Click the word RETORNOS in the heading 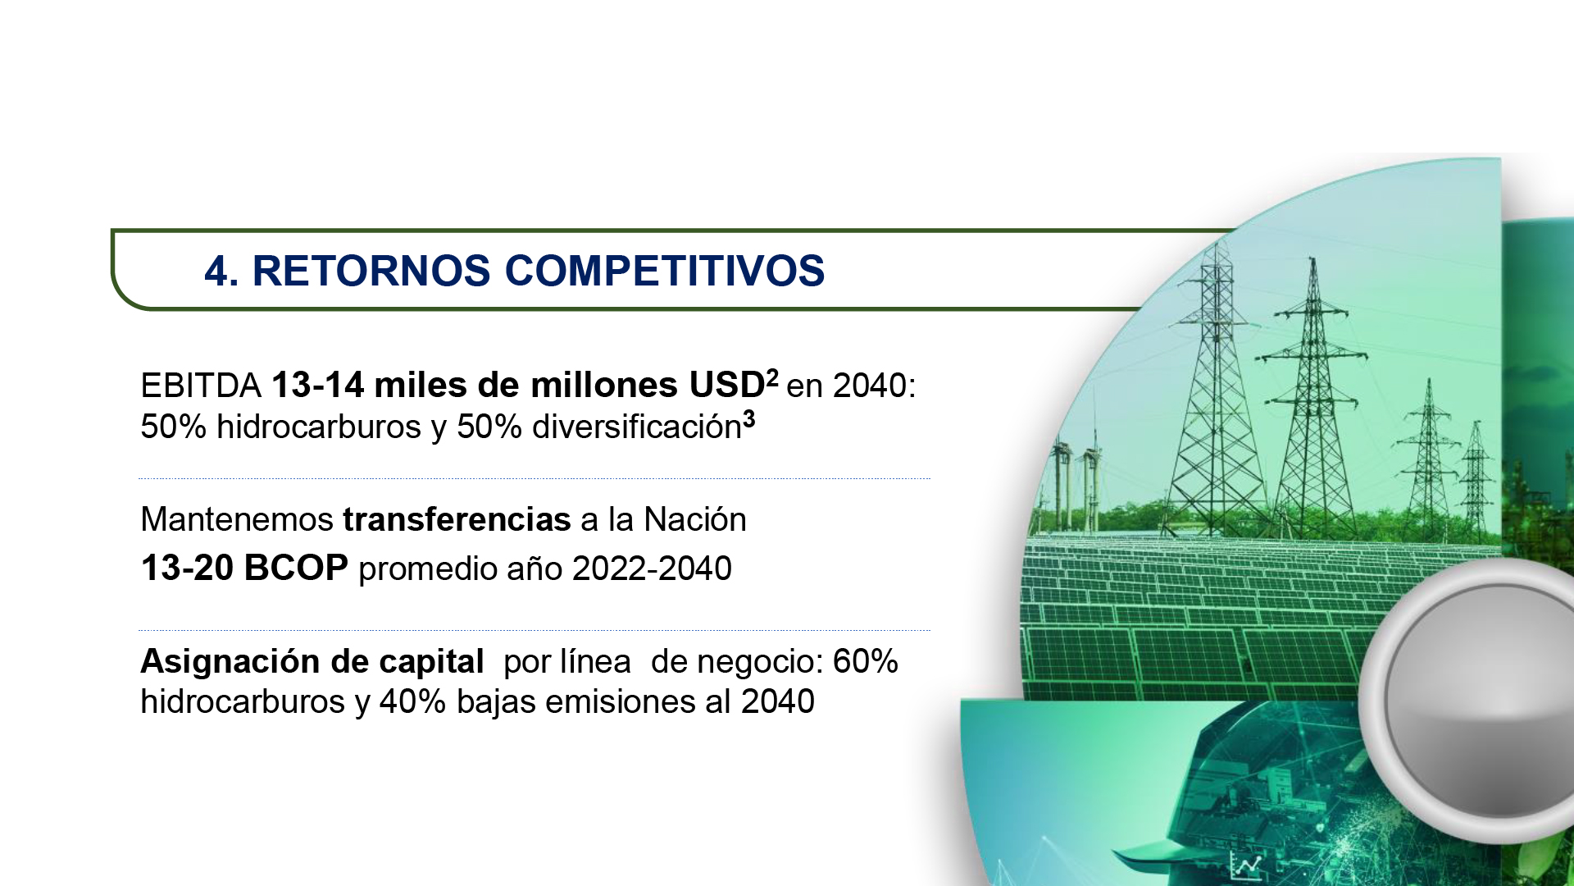[371, 271]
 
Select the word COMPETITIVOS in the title [665, 271]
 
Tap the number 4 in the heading [216, 271]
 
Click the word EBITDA [201, 386]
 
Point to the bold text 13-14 [318, 386]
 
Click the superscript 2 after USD [772, 377]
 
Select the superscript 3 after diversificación [748, 418]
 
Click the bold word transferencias [457, 519]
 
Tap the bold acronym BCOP [296, 568]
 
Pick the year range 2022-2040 [652, 569]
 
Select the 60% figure [866, 661]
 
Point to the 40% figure [412, 702]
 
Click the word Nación [695, 519]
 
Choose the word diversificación [637, 427]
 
